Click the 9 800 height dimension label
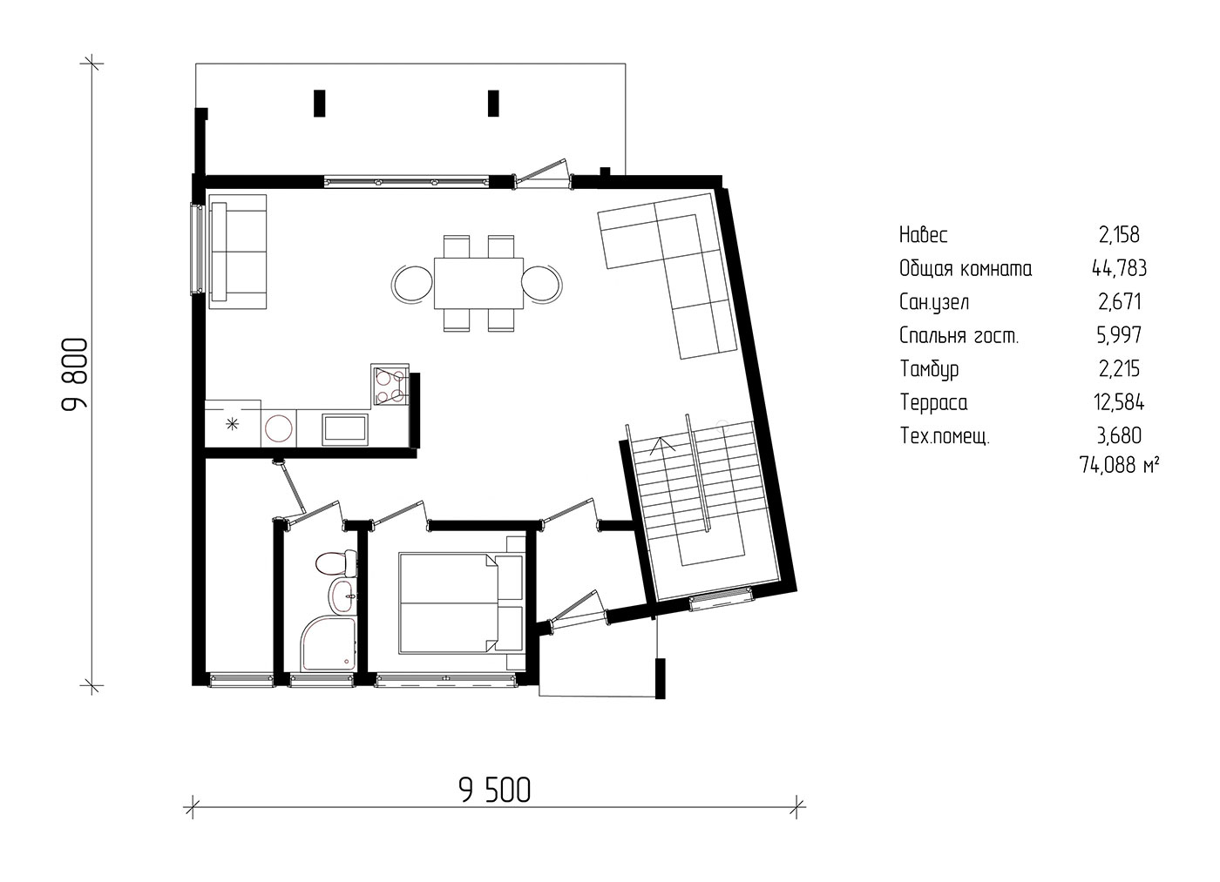pyautogui.click(x=74, y=375)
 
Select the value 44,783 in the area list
pyautogui.click(x=1119, y=268)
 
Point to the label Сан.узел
pyautogui.click(x=934, y=302)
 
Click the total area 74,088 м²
pyautogui.click(x=1119, y=465)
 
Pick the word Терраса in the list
pyautogui.click(x=933, y=402)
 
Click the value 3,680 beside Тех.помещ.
pyautogui.click(x=1119, y=436)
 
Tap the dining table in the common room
pyautogui.click(x=478, y=283)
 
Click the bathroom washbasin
pyautogui.click(x=342, y=596)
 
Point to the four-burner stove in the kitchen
pyautogui.click(x=390, y=385)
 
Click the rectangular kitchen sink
pyautogui.click(x=345, y=427)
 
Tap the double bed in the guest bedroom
pyautogui.click(x=461, y=603)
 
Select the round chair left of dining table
pyautogui.click(x=412, y=284)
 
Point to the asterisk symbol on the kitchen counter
pyautogui.click(x=232, y=423)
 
